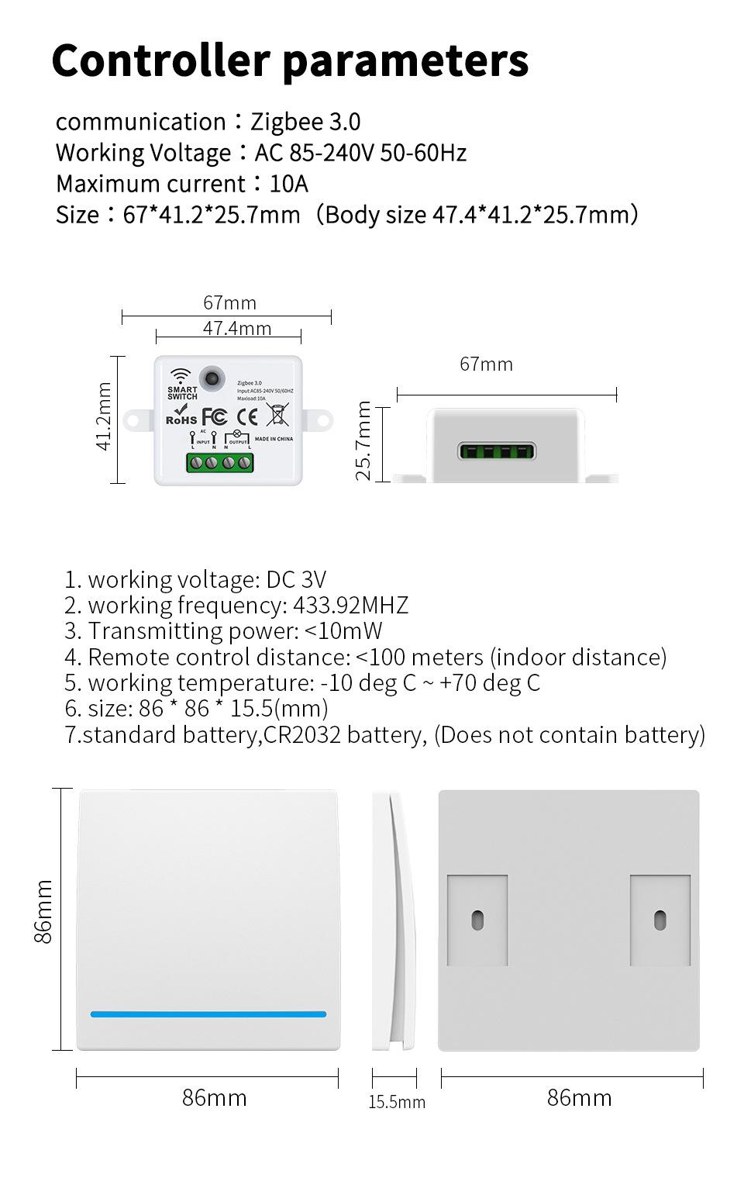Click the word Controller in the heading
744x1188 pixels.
(160, 60)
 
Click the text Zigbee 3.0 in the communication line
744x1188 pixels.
(305, 123)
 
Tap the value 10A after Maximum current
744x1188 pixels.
(288, 185)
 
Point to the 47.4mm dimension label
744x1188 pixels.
(237, 329)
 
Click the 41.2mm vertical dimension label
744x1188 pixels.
(104, 416)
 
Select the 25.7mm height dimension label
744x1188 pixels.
(363, 440)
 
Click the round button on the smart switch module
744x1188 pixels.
(209, 379)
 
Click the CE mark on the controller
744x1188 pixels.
(246, 416)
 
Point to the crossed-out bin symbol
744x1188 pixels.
(277, 414)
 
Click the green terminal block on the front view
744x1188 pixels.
(220, 463)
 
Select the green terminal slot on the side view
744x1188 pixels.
(497, 451)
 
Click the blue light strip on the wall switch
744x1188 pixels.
(208, 1014)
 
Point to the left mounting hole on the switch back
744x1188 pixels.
(477, 920)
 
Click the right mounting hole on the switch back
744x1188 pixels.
(660, 920)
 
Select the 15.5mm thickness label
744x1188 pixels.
(397, 1102)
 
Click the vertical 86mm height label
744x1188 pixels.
(44, 911)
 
